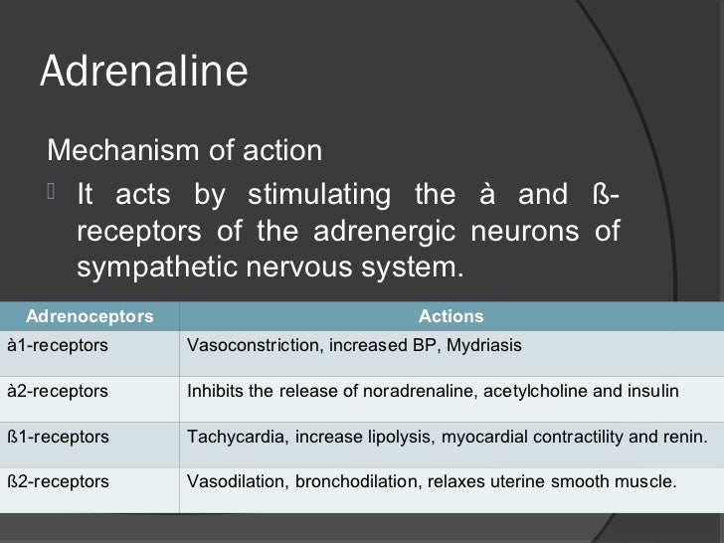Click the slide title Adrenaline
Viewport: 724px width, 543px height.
pos(143,72)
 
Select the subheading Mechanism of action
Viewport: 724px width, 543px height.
pos(185,151)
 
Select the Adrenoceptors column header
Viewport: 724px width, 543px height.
pos(90,317)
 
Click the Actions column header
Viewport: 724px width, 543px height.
pos(451,317)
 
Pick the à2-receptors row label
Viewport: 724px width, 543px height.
pos(58,391)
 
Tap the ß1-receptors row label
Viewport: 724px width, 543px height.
pos(58,436)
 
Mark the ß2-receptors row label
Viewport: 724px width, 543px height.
pos(58,481)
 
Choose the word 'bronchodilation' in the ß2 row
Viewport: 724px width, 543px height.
pos(330,481)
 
